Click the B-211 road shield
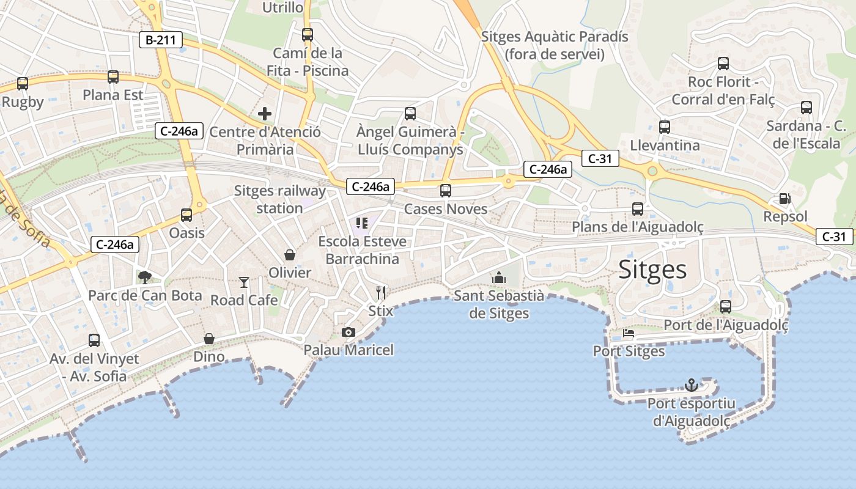pyautogui.click(x=161, y=41)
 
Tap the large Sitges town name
pyautogui.click(x=653, y=270)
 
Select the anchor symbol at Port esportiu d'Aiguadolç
pyautogui.click(x=691, y=385)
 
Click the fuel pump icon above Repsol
pyautogui.click(x=784, y=199)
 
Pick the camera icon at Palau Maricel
pyautogui.click(x=349, y=332)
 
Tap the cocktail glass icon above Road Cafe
pyautogui.click(x=244, y=282)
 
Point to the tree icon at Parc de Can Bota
pyautogui.click(x=145, y=278)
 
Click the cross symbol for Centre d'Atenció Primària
pyautogui.click(x=265, y=114)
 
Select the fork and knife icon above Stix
pyautogui.click(x=381, y=292)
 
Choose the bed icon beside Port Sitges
pyautogui.click(x=629, y=334)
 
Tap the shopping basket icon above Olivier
pyautogui.click(x=290, y=254)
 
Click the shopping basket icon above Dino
pyautogui.click(x=209, y=339)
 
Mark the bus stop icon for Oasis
pyautogui.click(x=186, y=215)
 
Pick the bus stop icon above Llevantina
pyautogui.click(x=665, y=127)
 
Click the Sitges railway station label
pyautogui.click(x=279, y=199)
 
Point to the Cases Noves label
pyautogui.click(x=446, y=209)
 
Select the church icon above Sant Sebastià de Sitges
pyautogui.click(x=499, y=278)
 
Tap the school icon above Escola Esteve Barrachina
pyautogui.click(x=362, y=223)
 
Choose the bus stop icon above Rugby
pyautogui.click(x=23, y=84)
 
